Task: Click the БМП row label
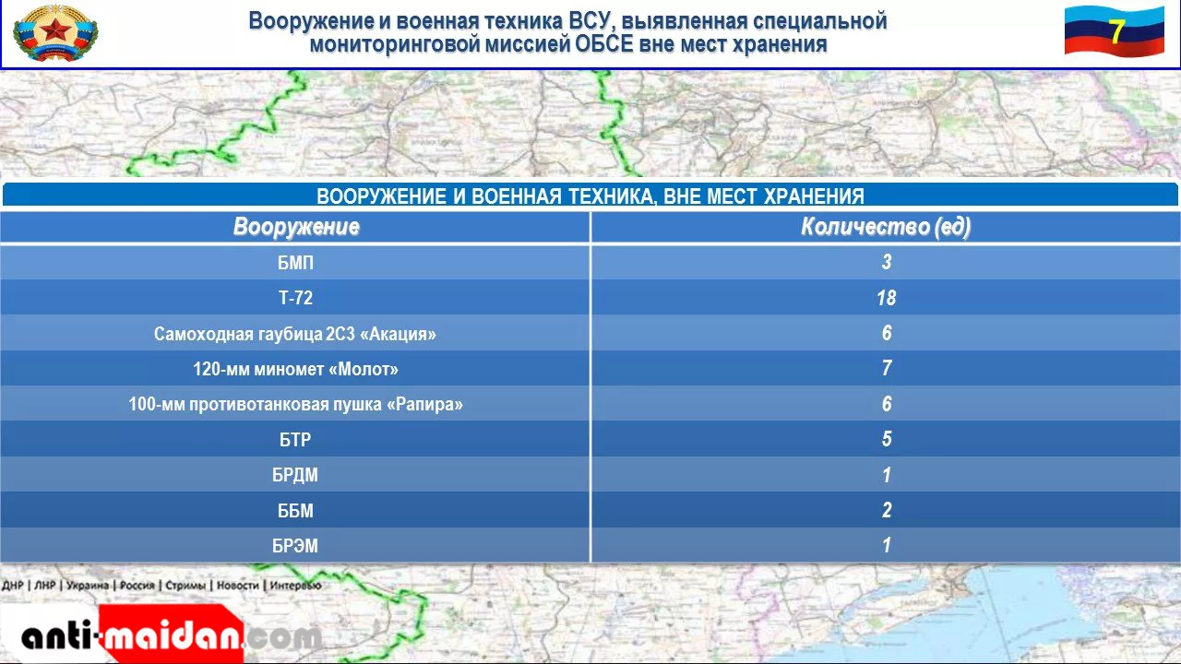[295, 263]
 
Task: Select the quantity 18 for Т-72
[887, 298]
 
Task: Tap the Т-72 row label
[295, 298]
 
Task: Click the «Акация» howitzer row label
[295, 334]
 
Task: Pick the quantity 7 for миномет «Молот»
[887, 368]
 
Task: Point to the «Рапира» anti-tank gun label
[295, 404]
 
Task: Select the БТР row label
[295, 440]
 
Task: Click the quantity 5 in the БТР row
[887, 439]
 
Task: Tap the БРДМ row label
[295, 475]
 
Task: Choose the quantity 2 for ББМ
[887, 510]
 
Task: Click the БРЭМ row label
[295, 545]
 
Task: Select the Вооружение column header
[296, 227]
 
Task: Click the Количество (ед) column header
[886, 227]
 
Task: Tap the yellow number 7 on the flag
[1116, 32]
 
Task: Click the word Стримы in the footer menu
[185, 586]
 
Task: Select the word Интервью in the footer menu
[295, 586]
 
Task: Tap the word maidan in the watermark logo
[173, 636]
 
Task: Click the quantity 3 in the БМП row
[887, 262]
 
